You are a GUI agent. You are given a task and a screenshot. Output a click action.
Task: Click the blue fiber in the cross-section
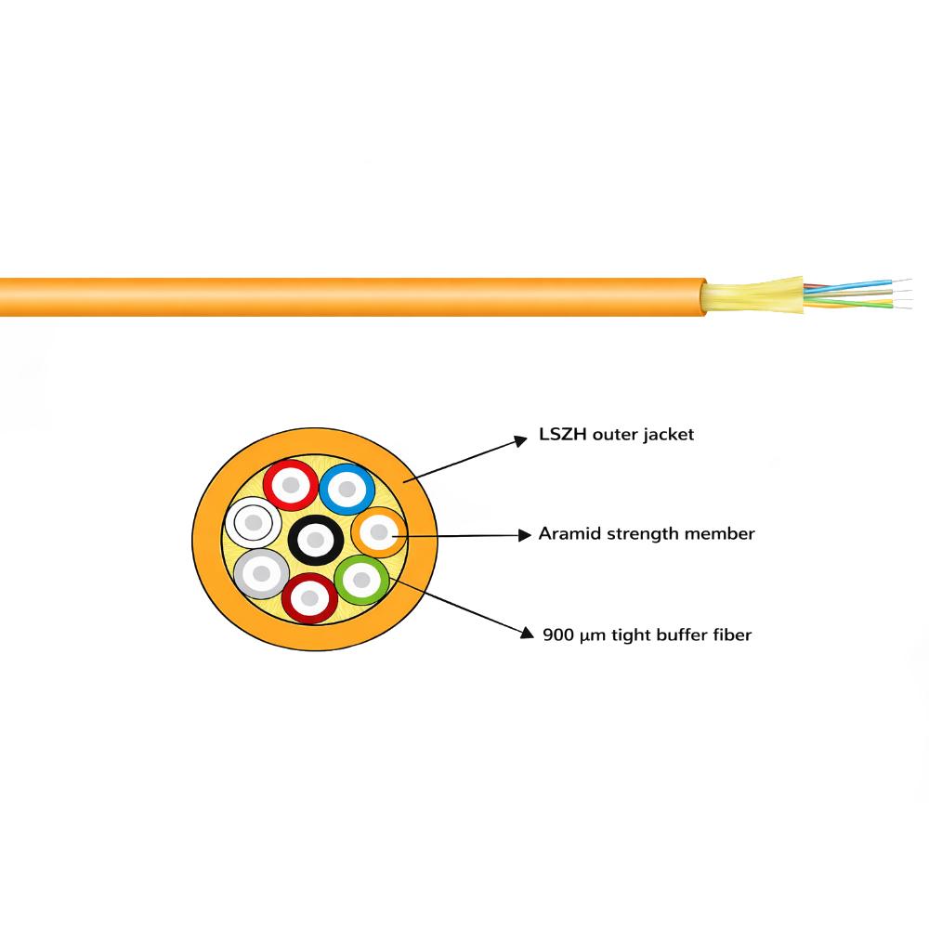point(347,489)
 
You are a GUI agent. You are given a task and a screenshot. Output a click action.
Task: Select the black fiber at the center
point(315,540)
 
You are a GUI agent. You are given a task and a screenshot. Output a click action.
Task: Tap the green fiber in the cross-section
point(361,580)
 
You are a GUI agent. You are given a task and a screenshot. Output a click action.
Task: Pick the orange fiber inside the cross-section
point(379,532)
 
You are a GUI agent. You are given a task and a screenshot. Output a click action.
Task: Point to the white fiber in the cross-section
point(253,522)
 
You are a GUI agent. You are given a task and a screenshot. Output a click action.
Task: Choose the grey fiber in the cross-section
point(261,573)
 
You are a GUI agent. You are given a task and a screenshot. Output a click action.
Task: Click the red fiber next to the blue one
point(290,485)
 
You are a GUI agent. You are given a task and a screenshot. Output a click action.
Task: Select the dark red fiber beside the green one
point(309,597)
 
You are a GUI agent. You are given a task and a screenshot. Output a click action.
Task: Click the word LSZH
point(563,434)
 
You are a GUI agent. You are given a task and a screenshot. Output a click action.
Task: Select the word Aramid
point(569,534)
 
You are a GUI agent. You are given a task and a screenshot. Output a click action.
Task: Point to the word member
point(719,534)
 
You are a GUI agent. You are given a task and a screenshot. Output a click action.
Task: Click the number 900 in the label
point(558,635)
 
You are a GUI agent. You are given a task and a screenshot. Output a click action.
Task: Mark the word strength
point(643,534)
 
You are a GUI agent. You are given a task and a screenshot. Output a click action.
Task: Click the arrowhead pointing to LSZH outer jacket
point(520,440)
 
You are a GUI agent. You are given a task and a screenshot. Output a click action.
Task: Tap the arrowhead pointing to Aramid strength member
point(525,536)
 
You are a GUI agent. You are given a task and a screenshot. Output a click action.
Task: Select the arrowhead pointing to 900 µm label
point(527,634)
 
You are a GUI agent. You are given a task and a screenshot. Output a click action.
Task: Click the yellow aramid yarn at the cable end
point(752,296)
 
